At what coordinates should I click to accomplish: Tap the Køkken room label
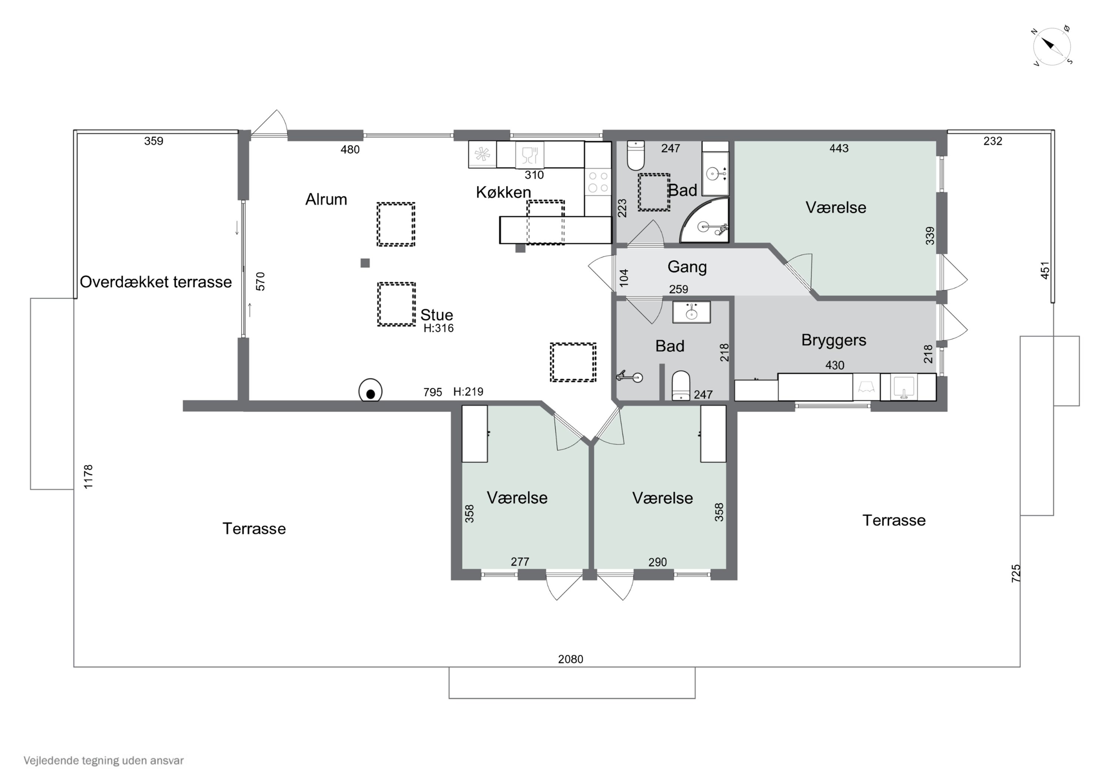[x=503, y=192]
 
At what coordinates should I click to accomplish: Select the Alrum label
[x=326, y=199]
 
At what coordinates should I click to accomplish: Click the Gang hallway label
[x=687, y=267]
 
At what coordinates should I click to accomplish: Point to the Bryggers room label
[x=834, y=340]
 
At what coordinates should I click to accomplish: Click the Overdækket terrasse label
[x=156, y=282]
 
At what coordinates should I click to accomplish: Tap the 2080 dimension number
[x=571, y=659]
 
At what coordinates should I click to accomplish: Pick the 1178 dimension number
[x=88, y=477]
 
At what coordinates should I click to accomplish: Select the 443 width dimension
[x=839, y=148]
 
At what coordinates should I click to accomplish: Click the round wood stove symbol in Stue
[x=370, y=391]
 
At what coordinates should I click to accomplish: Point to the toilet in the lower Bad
[x=681, y=386]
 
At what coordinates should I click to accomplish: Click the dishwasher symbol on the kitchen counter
[x=530, y=155]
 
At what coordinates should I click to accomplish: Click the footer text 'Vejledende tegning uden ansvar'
[x=104, y=760]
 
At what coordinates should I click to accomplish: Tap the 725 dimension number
[x=1016, y=573]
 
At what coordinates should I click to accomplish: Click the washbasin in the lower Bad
[x=691, y=312]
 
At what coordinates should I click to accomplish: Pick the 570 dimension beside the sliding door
[x=260, y=282]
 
